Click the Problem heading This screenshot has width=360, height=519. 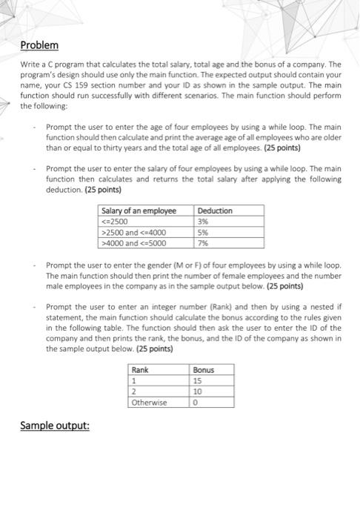click(x=39, y=46)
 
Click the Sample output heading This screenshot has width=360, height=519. click(x=55, y=426)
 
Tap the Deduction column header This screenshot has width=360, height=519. click(x=216, y=211)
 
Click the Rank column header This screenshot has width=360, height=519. click(x=140, y=369)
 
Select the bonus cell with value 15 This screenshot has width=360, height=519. click(x=198, y=380)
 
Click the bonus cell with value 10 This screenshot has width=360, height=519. click(x=198, y=391)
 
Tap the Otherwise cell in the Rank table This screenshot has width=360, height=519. click(x=149, y=403)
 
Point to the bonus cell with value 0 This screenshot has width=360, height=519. click(x=196, y=403)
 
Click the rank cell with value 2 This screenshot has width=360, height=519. click(x=134, y=391)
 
